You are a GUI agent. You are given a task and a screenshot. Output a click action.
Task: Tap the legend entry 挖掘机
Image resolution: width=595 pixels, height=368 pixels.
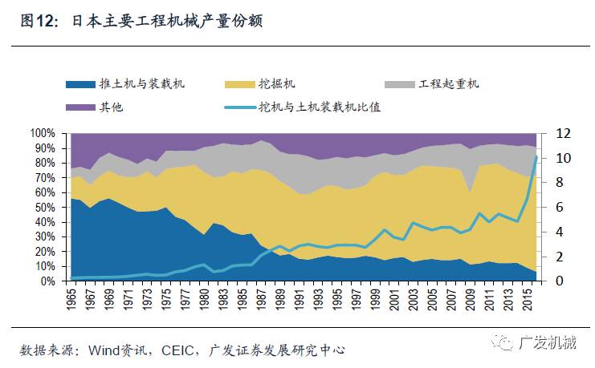point(275,83)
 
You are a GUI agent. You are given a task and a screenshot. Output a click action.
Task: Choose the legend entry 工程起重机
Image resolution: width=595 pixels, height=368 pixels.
point(448,83)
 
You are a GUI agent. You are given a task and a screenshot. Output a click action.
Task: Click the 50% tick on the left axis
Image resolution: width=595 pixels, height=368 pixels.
point(43,208)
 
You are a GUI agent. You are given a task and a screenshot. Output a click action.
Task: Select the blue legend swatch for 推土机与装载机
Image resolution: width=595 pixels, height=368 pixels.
point(80,83)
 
